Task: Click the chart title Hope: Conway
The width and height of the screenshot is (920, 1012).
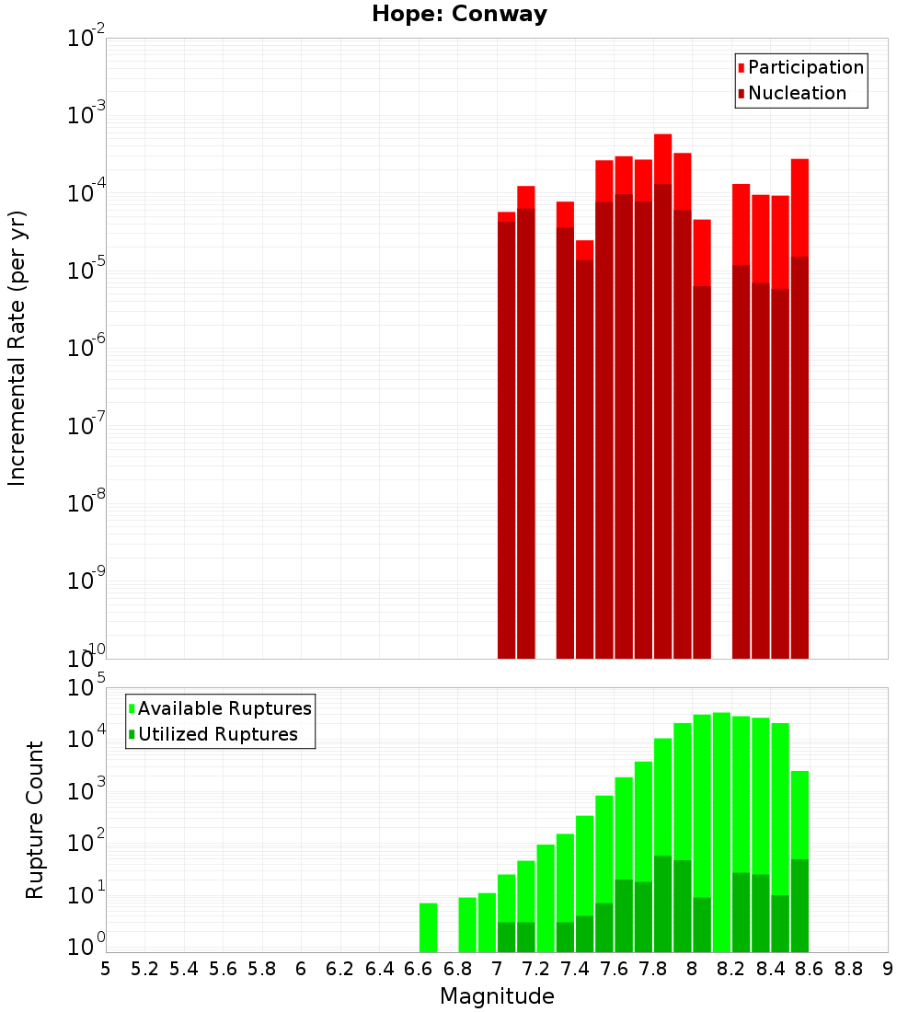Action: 459,14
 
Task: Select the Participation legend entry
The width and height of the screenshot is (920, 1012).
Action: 800,67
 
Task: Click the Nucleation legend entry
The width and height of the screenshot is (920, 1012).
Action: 792,93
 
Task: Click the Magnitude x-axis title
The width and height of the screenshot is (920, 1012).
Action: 497,996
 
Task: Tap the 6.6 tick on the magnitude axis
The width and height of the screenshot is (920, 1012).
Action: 418,969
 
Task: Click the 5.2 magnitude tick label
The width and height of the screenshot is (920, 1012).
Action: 144,969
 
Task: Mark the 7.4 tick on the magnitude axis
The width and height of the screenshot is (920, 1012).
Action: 575,969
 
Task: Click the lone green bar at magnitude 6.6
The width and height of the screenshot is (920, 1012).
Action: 428,927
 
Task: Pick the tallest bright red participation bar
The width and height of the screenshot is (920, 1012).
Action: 663,159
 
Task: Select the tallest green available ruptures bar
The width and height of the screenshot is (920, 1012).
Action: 722,833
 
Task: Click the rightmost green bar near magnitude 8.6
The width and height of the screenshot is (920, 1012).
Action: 799,815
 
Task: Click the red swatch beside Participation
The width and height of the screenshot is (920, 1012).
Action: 742,68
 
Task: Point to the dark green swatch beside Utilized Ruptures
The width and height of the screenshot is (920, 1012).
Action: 132,734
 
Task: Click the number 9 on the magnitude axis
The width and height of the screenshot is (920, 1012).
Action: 888,969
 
